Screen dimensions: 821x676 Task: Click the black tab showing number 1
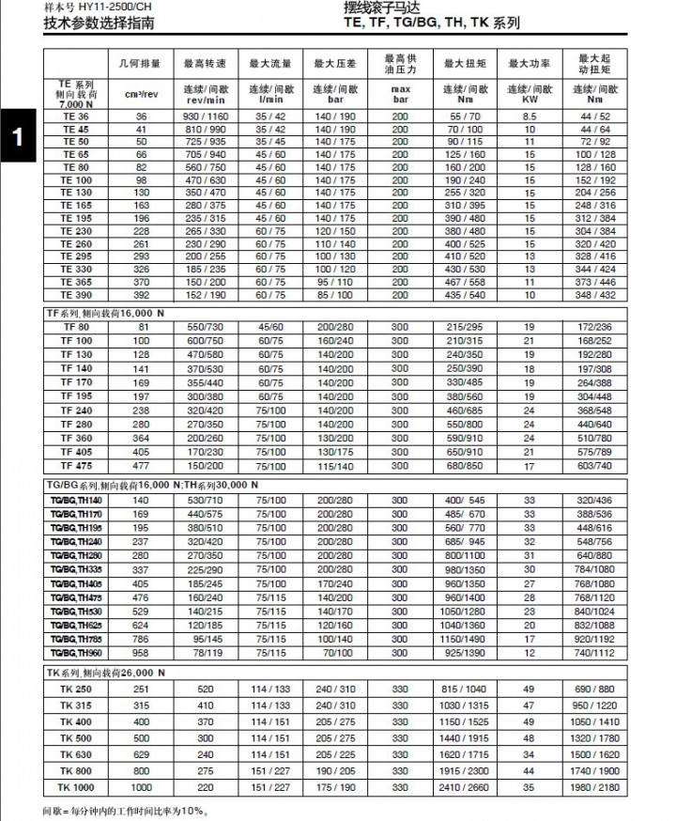[18, 136]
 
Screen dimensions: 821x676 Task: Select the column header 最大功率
[530, 64]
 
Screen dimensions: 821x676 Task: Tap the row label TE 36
[76, 116]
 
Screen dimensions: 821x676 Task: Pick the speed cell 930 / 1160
[207, 116]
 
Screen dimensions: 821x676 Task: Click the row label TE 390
[76, 295]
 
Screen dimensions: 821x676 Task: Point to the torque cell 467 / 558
[465, 282]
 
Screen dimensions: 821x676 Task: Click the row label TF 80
[76, 327]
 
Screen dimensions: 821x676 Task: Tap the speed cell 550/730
[207, 327]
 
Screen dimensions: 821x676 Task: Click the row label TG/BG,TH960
[76, 652]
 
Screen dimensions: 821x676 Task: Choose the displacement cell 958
[141, 652]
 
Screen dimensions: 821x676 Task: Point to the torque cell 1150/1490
[465, 639]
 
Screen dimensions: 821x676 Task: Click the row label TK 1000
[76, 786]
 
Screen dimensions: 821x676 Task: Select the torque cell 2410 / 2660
[465, 786]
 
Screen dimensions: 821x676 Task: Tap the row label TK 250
[76, 690]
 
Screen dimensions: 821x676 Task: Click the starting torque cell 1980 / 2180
[594, 786]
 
